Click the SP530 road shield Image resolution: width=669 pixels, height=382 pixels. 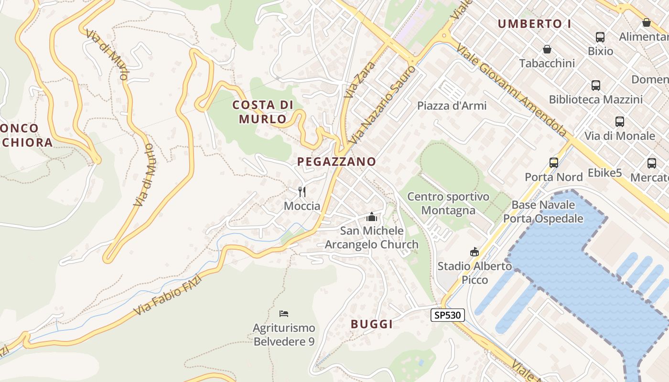[448, 315]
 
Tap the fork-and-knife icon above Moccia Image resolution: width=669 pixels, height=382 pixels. [302, 192]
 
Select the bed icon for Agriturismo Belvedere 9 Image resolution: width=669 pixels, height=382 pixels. [284, 314]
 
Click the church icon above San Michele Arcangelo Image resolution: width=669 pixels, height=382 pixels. [372, 217]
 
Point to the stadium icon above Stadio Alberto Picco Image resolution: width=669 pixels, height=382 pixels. [475, 252]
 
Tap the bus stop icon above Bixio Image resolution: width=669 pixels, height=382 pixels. [600, 37]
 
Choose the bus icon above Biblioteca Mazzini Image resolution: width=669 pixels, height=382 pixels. [596, 85]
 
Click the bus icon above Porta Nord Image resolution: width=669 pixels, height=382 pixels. [554, 163]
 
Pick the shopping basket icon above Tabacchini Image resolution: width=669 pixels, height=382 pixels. [547, 49]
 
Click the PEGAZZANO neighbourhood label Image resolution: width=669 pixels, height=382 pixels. [337, 161]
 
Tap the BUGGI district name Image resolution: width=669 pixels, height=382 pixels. [372, 324]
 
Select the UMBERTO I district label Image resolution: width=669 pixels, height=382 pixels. [534, 24]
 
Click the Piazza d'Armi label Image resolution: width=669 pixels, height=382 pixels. [452, 106]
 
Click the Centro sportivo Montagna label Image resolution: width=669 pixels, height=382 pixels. [448, 203]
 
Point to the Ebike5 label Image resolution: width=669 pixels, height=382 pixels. [605, 173]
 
